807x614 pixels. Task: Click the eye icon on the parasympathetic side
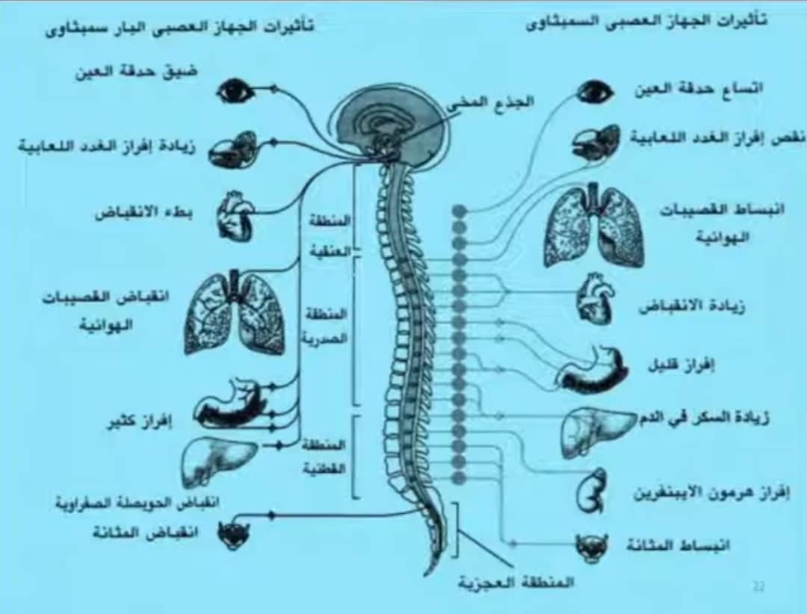(x=235, y=91)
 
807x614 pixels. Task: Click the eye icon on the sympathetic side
(x=596, y=92)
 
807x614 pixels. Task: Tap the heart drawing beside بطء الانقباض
(x=235, y=215)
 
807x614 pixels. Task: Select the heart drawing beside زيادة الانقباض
(x=596, y=298)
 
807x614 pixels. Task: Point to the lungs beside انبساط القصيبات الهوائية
(x=594, y=225)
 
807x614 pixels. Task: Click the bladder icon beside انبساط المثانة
(x=591, y=547)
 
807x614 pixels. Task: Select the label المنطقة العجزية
(x=516, y=582)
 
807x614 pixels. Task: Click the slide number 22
(x=758, y=587)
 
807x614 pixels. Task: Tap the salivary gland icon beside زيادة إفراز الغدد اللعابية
(x=232, y=149)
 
